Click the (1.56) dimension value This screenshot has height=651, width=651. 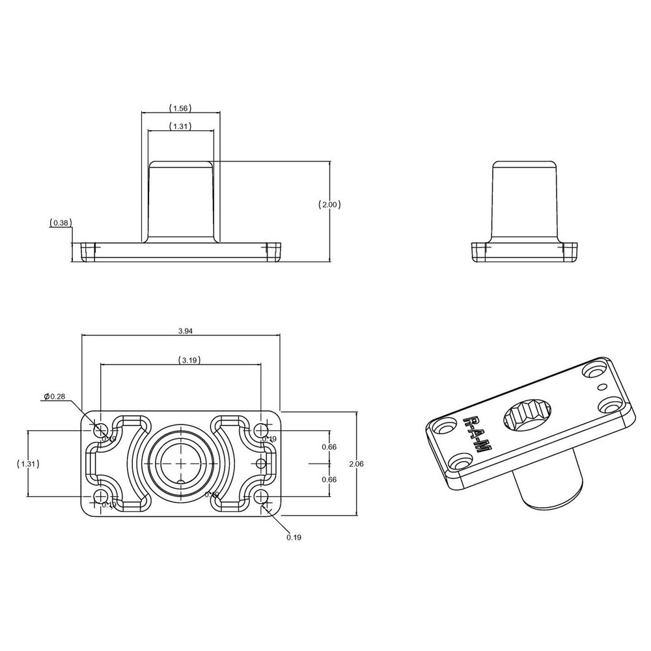click(180, 107)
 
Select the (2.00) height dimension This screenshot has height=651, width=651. click(330, 204)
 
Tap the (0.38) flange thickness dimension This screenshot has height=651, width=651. click(60, 223)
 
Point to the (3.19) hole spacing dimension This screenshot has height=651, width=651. click(189, 360)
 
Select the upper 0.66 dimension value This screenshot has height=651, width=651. click(329, 447)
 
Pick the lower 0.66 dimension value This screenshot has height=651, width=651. click(329, 479)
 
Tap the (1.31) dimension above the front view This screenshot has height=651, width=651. click(180, 126)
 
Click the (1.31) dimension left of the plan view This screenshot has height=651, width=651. click(27, 464)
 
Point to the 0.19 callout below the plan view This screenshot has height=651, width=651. click(294, 537)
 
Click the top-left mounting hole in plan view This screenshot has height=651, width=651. click(100, 430)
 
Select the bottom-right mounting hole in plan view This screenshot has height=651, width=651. click(262, 497)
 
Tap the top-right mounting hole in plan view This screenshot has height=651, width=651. click(262, 430)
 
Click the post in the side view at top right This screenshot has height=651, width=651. click(525, 202)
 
